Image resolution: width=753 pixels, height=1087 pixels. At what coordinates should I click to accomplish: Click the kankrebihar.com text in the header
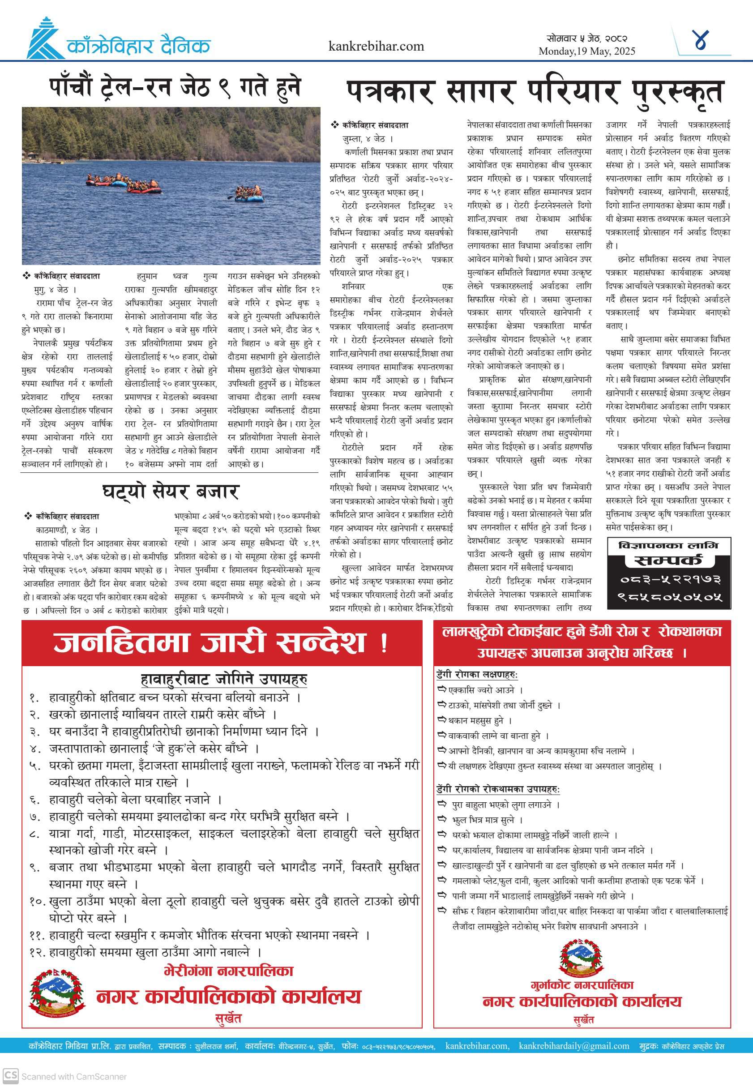[376, 46]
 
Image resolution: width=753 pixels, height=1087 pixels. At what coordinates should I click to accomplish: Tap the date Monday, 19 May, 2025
[587, 51]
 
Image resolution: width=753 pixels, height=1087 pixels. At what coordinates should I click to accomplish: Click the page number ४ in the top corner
[701, 41]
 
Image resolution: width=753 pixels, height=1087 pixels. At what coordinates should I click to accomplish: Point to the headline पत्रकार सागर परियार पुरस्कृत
[534, 92]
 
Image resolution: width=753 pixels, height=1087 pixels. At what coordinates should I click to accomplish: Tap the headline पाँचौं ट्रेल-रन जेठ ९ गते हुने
[175, 87]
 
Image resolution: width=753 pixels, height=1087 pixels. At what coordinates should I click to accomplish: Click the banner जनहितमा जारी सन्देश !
[221, 642]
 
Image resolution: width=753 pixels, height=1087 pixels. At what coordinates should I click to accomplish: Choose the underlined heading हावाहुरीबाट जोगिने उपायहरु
[224, 680]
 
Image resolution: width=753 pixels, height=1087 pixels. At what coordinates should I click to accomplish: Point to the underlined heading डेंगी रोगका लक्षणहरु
[477, 675]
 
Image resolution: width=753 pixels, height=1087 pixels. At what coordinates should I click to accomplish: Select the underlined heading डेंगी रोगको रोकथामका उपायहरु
[498, 789]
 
